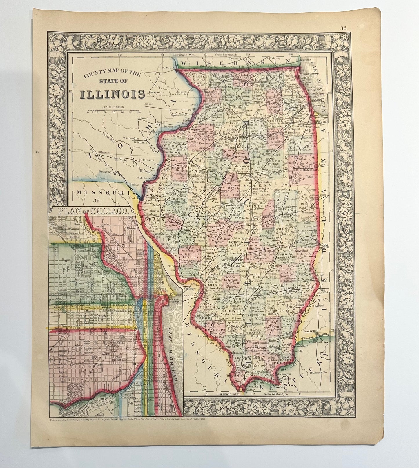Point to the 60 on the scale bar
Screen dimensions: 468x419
tap(139, 113)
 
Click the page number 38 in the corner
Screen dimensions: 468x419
tap(344, 28)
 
